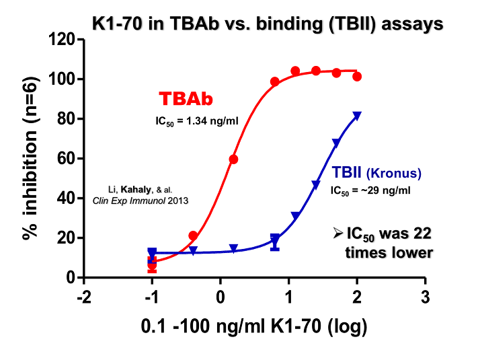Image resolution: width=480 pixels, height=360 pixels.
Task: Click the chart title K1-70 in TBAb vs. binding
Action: pyautogui.click(x=267, y=24)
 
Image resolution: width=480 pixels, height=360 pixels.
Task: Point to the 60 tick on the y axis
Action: pyautogui.click(x=67, y=159)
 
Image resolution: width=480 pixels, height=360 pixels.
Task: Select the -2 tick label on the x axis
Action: pyautogui.click(x=83, y=297)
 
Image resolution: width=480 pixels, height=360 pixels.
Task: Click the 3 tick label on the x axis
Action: pyautogui.click(x=424, y=297)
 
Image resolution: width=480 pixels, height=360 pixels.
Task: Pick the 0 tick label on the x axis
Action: pyautogui.click(x=221, y=297)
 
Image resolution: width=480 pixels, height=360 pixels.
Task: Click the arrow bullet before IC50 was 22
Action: pyautogui.click(x=336, y=234)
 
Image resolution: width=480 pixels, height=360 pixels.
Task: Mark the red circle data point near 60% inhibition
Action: pyautogui.click(x=233, y=159)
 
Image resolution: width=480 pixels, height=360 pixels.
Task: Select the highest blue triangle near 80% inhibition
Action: pyautogui.click(x=357, y=116)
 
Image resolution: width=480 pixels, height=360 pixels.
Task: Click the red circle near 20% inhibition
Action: pyautogui.click(x=193, y=236)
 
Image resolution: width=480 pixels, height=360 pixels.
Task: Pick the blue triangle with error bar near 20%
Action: pyautogui.click(x=275, y=239)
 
